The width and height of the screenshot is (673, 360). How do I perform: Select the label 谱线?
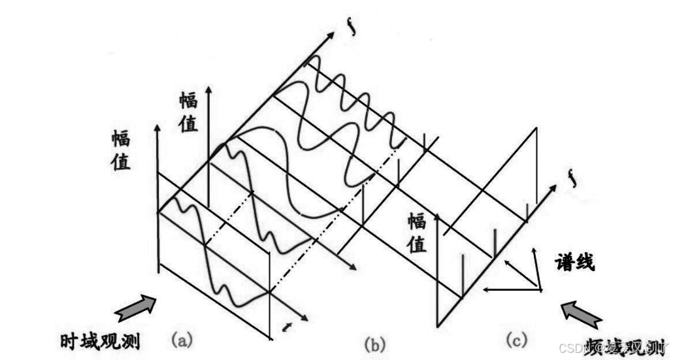coord(574,263)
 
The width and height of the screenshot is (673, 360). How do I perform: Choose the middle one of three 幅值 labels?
coord(188,112)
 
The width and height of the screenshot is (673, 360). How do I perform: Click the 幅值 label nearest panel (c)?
coord(418,233)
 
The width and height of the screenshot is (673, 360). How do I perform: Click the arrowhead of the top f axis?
coord(340,38)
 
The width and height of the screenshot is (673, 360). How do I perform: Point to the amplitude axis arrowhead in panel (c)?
coord(437,216)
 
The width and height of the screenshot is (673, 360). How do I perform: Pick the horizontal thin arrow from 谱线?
coord(510,289)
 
